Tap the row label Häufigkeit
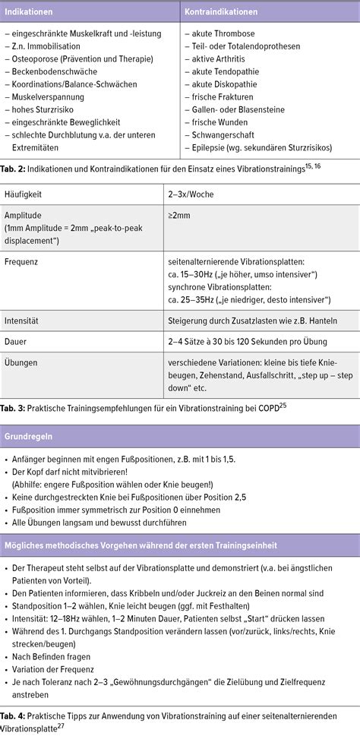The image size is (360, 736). pyautogui.click(x=24, y=194)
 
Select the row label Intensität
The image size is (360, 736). pyautogui.click(x=24, y=321)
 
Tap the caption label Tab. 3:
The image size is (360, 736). pyautogui.click(x=15, y=408)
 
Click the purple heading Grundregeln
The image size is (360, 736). pyautogui.click(x=30, y=437)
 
